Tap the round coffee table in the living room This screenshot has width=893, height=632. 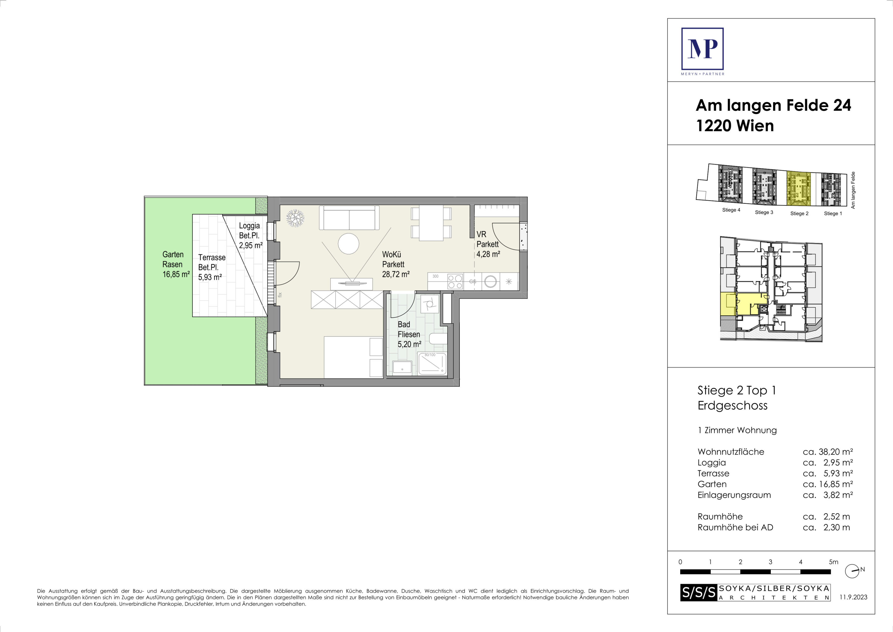(349, 244)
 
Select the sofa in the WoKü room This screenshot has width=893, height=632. (349, 218)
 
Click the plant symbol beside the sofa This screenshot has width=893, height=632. (295, 218)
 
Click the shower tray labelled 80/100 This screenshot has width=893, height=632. (432, 364)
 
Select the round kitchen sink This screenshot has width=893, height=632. (490, 281)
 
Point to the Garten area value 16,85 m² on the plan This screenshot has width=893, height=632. (176, 274)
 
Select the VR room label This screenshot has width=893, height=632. (481, 234)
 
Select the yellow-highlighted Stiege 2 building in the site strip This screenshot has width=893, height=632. (799, 188)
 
